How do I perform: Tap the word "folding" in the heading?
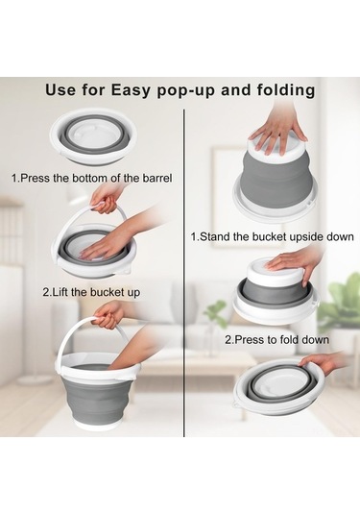point(282,90)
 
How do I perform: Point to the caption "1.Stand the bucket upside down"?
point(272,235)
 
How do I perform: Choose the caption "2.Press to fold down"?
point(276,339)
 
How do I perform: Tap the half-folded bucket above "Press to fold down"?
point(273,296)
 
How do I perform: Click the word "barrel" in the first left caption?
point(154,178)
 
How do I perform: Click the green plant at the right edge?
point(340,303)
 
